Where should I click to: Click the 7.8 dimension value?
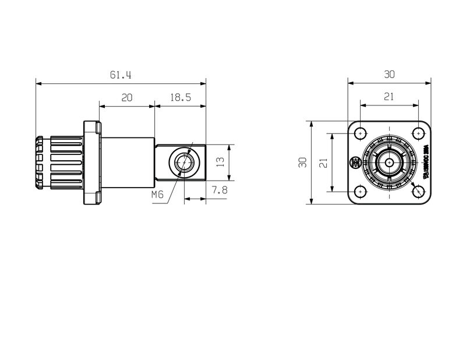coord(220,190)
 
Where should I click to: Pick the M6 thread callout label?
coord(157,195)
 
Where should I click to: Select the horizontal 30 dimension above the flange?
coord(390,75)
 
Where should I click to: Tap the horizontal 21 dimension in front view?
coord(390,97)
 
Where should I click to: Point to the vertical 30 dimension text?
coord(302,163)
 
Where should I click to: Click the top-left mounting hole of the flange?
coord(361,133)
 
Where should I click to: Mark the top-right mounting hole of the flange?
coord(418,133)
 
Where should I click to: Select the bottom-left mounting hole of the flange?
coord(361,190)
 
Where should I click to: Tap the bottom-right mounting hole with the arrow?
coord(418,190)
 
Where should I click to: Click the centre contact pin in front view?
coord(390,163)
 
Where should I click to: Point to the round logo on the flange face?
coord(354,163)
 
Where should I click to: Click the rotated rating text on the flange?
coord(426,162)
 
